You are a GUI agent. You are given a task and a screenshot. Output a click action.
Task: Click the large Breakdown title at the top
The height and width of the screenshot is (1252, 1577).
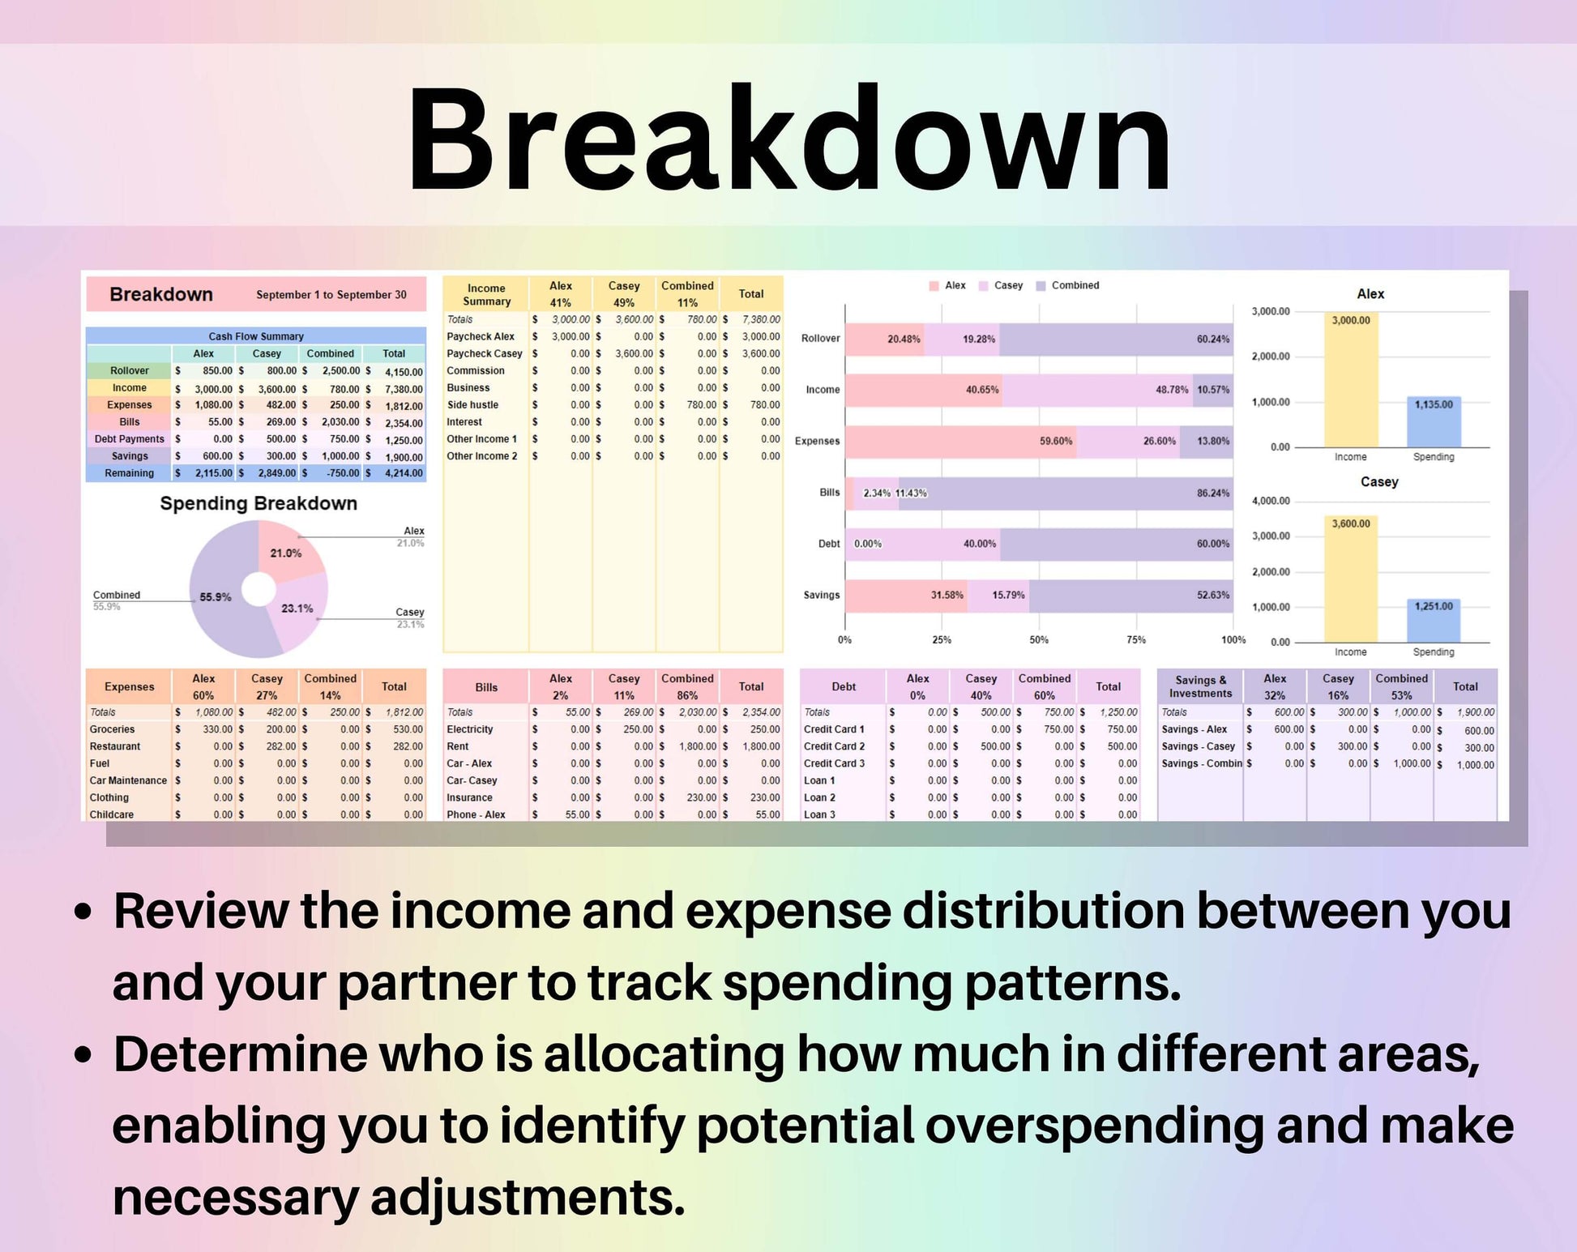788,139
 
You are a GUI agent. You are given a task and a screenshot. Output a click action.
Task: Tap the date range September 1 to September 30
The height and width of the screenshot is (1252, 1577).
331,295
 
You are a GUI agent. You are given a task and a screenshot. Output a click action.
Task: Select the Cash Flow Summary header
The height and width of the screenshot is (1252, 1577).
256,336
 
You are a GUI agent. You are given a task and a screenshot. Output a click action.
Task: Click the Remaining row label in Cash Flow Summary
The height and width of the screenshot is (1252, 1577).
129,473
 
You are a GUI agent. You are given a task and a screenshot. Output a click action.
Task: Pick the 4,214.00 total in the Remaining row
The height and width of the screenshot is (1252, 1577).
404,473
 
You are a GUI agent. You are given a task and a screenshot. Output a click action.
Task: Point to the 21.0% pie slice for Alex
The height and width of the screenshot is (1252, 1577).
286,553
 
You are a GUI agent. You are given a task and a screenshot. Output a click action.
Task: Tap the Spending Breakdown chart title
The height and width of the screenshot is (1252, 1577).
259,503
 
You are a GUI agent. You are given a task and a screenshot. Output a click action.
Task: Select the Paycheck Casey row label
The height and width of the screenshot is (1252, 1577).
485,353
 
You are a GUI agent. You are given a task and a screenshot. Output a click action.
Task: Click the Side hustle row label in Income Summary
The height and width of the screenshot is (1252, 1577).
472,404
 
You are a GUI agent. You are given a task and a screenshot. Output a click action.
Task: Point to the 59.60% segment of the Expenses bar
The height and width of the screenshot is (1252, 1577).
961,441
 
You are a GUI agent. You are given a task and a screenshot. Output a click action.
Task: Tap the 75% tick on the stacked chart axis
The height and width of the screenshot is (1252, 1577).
1136,639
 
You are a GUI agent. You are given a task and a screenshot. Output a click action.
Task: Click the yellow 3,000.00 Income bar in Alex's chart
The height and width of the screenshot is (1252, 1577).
1351,379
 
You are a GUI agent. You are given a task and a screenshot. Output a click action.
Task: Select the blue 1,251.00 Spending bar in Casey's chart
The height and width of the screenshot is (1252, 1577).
1434,620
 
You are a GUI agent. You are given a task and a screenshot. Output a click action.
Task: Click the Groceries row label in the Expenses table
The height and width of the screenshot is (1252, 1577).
112,729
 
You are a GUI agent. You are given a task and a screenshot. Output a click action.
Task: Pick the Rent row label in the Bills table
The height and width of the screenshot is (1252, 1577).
458,746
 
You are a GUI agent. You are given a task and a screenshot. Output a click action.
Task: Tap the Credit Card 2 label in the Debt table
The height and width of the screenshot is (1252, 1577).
834,746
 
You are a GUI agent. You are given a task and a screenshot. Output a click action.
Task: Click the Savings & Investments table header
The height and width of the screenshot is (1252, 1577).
1200,686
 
